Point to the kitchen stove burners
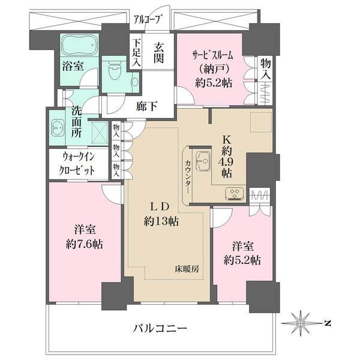click(233, 193)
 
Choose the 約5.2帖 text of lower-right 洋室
click(244, 260)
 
